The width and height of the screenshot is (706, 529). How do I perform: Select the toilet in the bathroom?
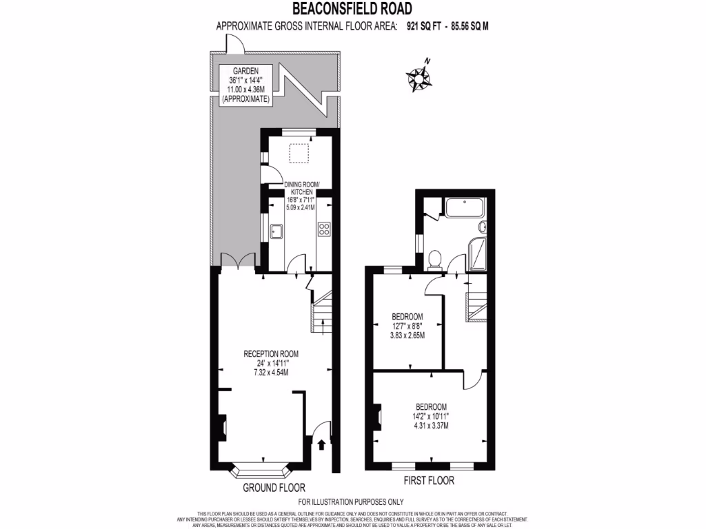click(435, 258)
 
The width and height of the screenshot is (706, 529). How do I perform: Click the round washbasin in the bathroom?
click(482, 227)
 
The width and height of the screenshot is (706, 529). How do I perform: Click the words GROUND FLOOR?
click(274, 488)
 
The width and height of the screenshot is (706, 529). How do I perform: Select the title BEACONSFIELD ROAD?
click(352, 9)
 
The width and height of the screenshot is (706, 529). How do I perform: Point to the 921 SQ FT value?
click(421, 27)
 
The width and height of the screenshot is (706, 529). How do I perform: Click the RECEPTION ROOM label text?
click(271, 354)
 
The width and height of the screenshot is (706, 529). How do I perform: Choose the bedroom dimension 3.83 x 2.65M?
click(407, 335)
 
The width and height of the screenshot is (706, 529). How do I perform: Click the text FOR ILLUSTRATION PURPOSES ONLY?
click(351, 502)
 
